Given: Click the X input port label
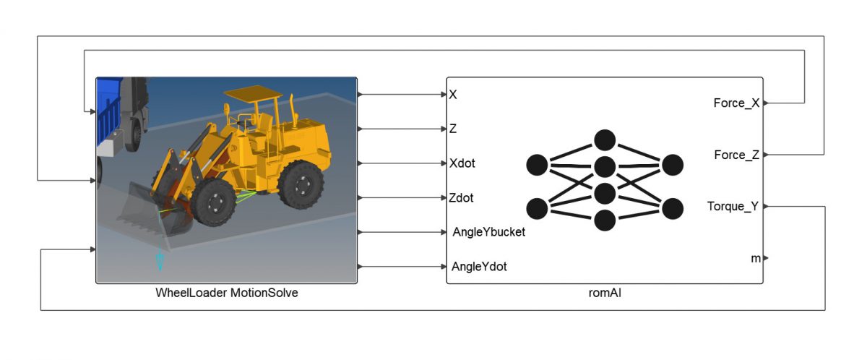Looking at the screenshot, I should (453, 95).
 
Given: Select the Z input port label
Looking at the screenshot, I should (453, 129).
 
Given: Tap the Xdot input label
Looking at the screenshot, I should (462, 163).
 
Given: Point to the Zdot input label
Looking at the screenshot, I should (462, 197).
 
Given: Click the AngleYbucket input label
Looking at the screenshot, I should (488, 232).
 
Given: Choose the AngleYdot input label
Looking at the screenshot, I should (479, 267).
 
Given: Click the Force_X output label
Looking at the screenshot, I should (736, 103).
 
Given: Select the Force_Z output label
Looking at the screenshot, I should (736, 155).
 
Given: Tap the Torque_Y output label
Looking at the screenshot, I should (733, 207).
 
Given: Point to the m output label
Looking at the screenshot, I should (756, 258).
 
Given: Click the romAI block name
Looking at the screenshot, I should (604, 293).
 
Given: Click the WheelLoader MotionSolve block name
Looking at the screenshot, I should (227, 293).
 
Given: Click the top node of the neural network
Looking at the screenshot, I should (604, 140).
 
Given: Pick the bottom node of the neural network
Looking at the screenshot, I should (604, 220).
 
